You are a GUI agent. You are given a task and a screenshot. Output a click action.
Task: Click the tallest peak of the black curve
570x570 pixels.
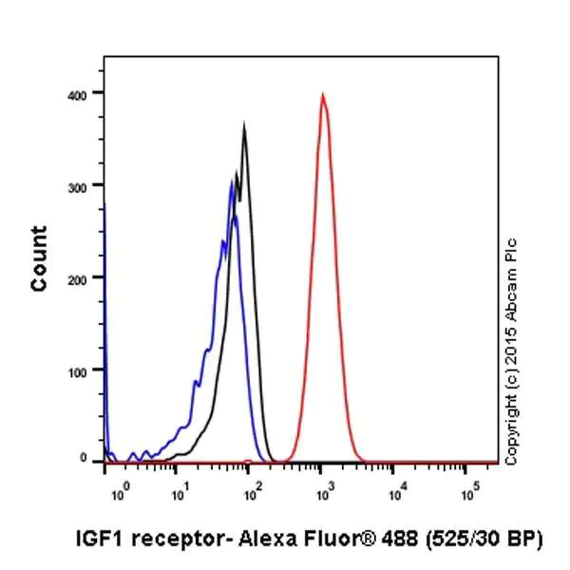(244, 125)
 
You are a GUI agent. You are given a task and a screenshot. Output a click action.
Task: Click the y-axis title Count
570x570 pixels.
(39, 258)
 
